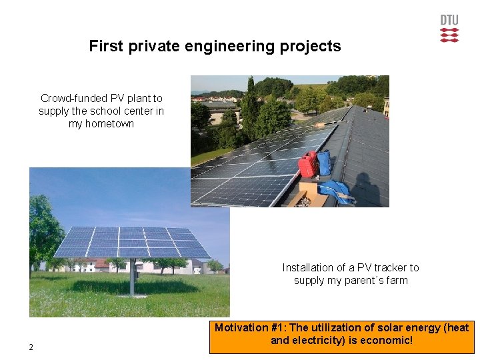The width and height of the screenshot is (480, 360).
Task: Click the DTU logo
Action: [x=449, y=29]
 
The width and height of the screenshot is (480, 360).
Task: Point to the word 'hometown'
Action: [x=101, y=124]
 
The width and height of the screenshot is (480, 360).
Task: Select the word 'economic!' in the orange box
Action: [x=389, y=341]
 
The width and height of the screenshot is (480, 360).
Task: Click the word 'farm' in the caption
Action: [x=397, y=281]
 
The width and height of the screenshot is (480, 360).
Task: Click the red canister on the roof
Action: [x=307, y=164]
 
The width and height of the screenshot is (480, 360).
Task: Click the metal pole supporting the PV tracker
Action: [x=131, y=277]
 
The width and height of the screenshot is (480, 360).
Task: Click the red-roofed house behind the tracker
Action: [x=100, y=265]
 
